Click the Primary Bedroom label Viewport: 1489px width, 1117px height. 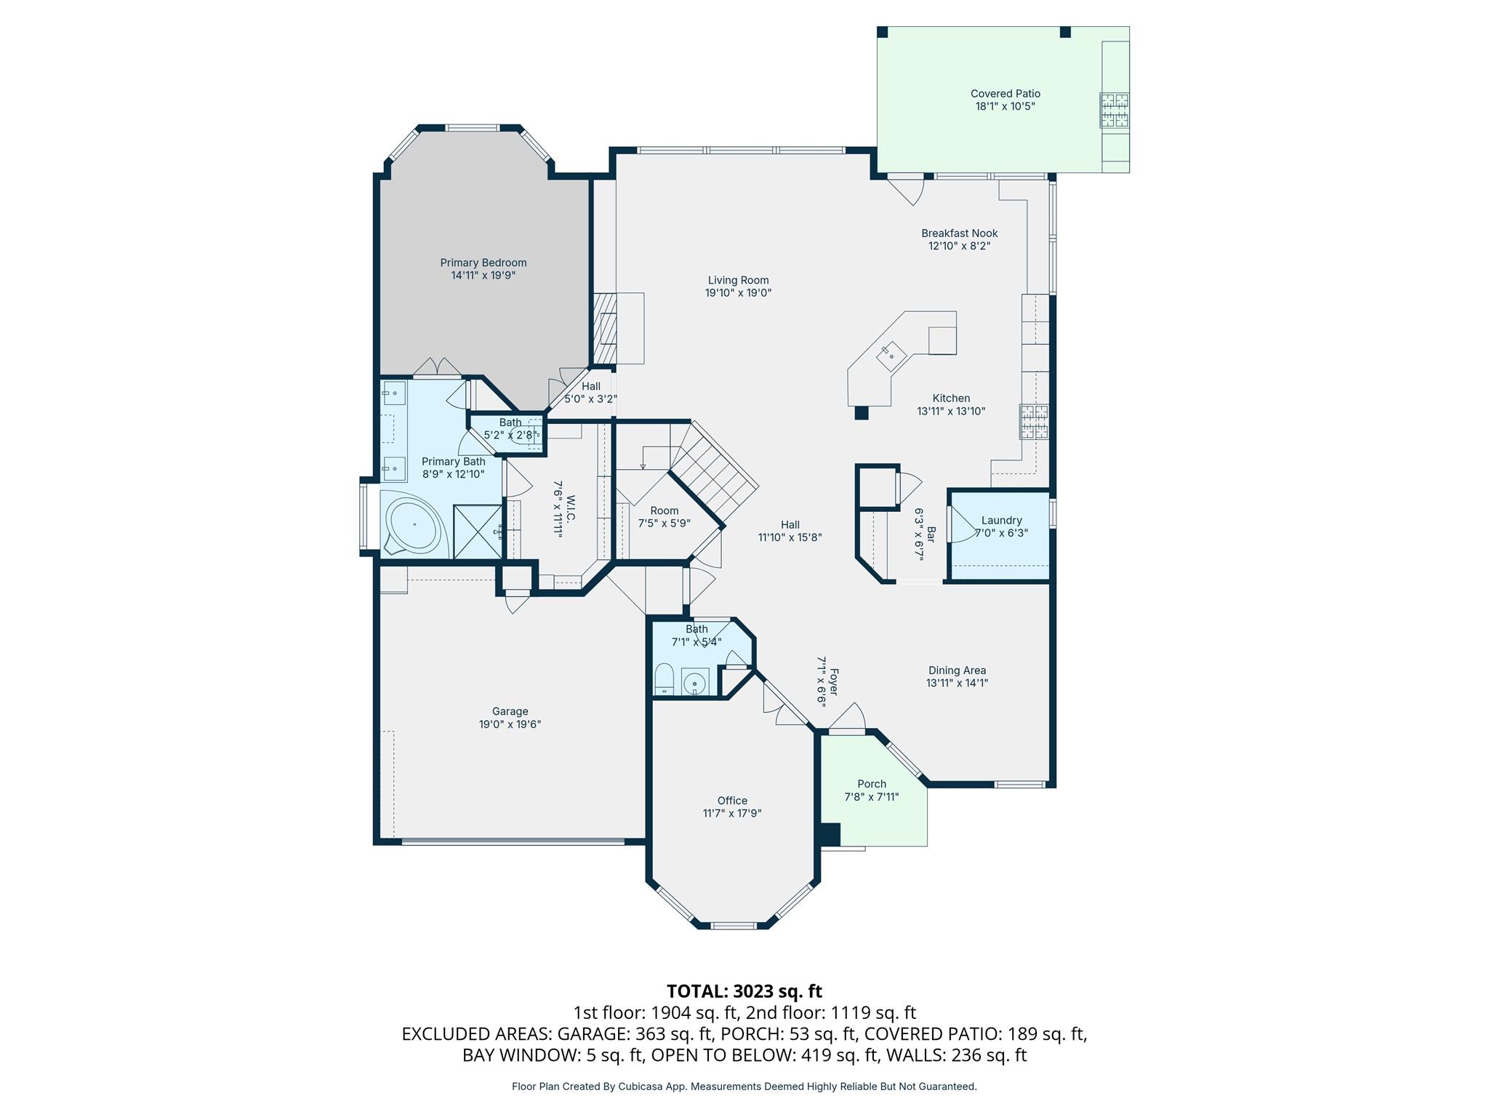[x=483, y=263]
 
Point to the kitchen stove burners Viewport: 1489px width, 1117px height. [x=1035, y=422]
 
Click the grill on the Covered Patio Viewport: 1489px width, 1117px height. [x=1113, y=110]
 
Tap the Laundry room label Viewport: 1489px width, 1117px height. [x=1001, y=520]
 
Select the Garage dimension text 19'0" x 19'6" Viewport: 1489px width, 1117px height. [x=510, y=724]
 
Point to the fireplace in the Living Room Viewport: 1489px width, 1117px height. [x=605, y=328]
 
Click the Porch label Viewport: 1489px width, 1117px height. [x=871, y=784]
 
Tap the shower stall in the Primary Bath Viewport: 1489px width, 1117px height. [x=477, y=532]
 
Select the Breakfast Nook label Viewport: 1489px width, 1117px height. [x=959, y=233]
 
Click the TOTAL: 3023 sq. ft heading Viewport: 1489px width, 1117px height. [x=744, y=991]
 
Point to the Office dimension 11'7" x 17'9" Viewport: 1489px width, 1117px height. [x=731, y=813]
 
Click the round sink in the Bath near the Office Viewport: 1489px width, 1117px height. [x=695, y=684]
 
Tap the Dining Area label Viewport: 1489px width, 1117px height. [x=957, y=670]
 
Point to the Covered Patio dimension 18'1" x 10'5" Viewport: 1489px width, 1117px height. [x=1005, y=106]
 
